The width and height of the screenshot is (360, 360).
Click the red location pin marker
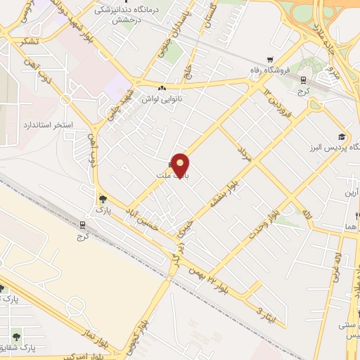pos(181,165)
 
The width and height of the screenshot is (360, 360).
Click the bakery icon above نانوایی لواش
pos(162,89)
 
